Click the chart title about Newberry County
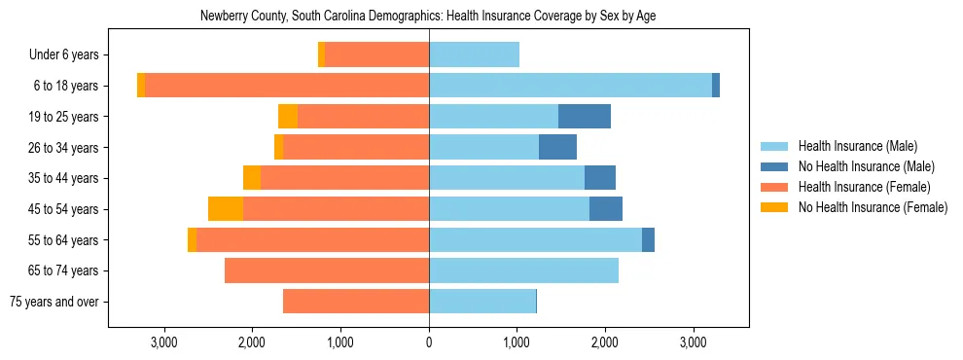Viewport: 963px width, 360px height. [x=428, y=17]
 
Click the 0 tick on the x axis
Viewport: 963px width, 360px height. [x=429, y=343]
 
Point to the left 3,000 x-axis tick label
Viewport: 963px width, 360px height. [x=163, y=343]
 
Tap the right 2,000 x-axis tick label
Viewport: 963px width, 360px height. [x=605, y=343]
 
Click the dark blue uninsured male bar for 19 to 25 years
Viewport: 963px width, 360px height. [x=585, y=117]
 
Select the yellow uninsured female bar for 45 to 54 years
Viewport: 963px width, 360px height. [x=225, y=209]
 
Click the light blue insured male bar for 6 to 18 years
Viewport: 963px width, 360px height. [x=570, y=86]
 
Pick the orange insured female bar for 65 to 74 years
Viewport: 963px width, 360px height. [x=327, y=270]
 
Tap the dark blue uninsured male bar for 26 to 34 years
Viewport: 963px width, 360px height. [x=557, y=147]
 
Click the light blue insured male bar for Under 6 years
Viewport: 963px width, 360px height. [x=474, y=55]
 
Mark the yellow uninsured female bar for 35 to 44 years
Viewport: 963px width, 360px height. [x=252, y=178]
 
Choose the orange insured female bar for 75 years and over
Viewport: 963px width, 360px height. [x=356, y=302]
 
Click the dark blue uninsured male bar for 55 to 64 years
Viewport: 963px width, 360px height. [x=648, y=239]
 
